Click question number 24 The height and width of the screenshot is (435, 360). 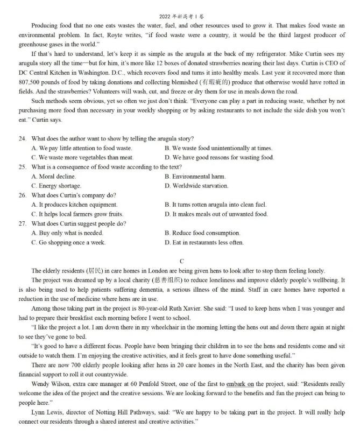(x=22, y=139)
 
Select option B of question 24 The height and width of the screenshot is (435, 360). (x=218, y=148)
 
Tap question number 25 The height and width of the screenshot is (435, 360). (x=22, y=167)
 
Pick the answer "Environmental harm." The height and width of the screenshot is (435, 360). (x=195, y=177)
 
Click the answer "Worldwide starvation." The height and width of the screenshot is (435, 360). (x=196, y=186)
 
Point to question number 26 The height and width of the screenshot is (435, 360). (x=22, y=195)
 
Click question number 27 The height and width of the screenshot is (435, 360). (x=22, y=223)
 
